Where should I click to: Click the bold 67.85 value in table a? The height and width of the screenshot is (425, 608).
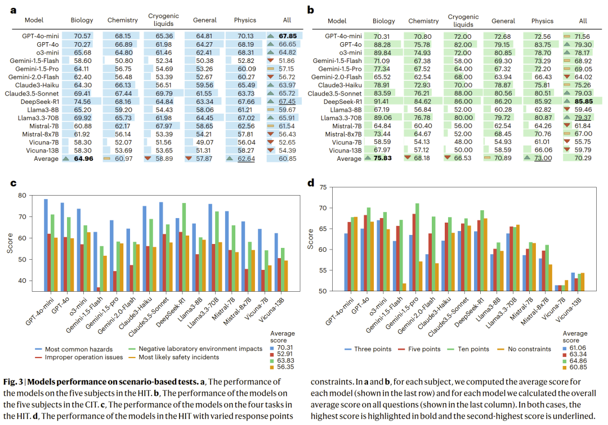288,35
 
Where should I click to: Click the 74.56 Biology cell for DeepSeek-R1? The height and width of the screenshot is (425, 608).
82,101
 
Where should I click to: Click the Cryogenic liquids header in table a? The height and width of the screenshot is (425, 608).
160,20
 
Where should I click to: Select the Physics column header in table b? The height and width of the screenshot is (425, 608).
542,21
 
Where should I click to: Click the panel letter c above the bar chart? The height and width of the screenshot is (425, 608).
12,183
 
